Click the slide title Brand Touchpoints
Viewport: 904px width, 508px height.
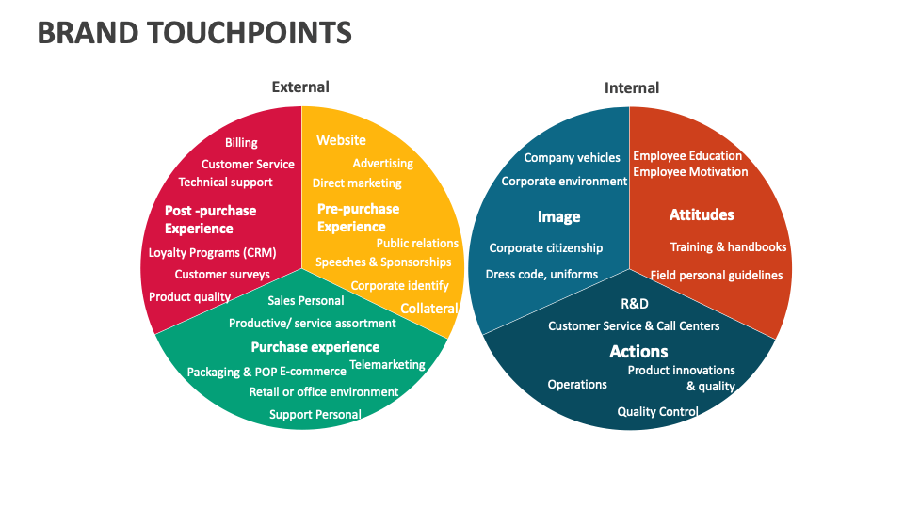coord(195,33)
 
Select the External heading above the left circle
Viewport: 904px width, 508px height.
coord(300,87)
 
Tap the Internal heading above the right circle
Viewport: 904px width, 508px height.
coord(632,87)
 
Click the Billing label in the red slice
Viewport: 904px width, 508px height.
coord(241,143)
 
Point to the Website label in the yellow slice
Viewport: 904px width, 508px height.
coord(341,140)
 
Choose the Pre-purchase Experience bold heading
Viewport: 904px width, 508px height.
coord(358,217)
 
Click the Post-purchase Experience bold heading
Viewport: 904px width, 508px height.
coord(210,219)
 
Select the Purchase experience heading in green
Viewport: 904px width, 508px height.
coord(315,347)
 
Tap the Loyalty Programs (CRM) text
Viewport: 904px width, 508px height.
coord(212,252)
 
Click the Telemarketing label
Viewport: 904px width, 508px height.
coord(387,364)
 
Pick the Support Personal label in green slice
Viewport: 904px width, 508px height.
coord(315,414)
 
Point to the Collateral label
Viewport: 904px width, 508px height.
coord(428,309)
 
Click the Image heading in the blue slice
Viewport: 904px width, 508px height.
coord(558,216)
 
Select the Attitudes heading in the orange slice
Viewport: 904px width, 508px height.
coord(702,214)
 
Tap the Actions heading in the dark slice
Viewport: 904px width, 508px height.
coord(638,351)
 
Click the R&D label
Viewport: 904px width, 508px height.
coord(635,304)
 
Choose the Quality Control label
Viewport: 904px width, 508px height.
coord(657,411)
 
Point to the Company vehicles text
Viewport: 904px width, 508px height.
coord(572,157)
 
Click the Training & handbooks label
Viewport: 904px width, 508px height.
coord(728,246)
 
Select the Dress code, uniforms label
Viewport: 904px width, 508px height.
coord(541,274)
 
